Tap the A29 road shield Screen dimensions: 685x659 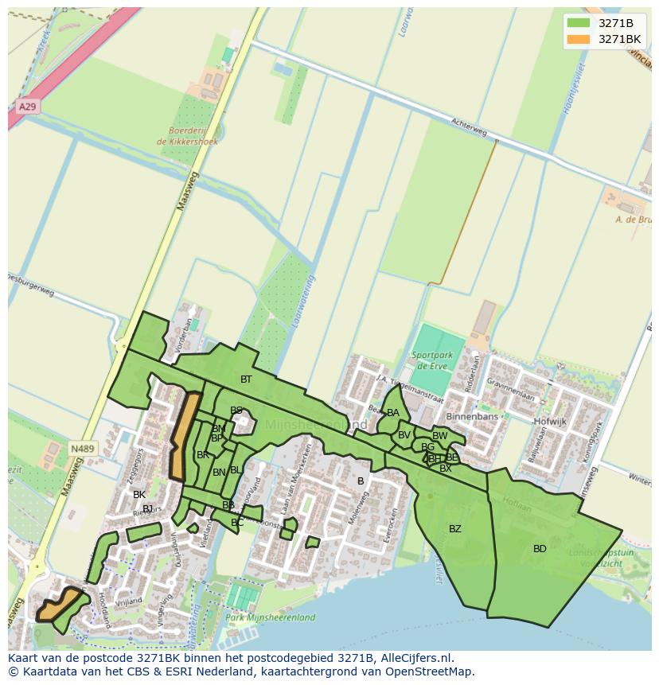[26, 106]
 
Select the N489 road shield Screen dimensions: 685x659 [82, 449]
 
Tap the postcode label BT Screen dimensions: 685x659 [246, 379]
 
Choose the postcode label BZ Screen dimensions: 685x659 [454, 529]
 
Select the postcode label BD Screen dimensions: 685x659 [540, 549]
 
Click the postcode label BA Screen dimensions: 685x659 [393, 413]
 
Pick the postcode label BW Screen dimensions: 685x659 [439, 436]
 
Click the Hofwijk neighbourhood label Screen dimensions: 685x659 [550, 422]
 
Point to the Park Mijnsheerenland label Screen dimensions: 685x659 [269, 617]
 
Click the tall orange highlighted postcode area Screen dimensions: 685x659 [184, 436]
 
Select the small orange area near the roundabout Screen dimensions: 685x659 [60, 605]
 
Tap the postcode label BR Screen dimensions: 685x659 [203, 455]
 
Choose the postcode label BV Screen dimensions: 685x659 [404, 435]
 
